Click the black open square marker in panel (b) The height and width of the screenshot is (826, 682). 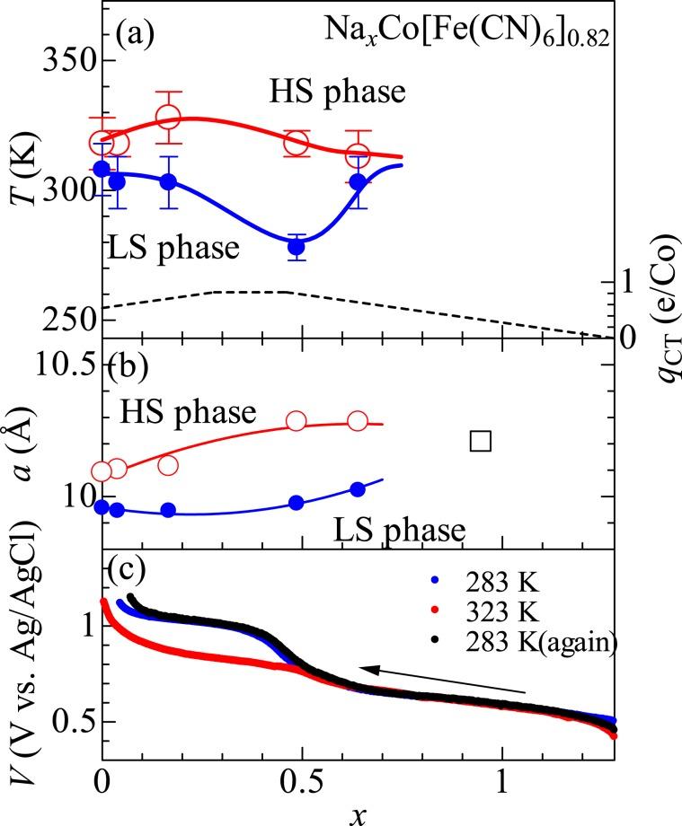click(481, 440)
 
